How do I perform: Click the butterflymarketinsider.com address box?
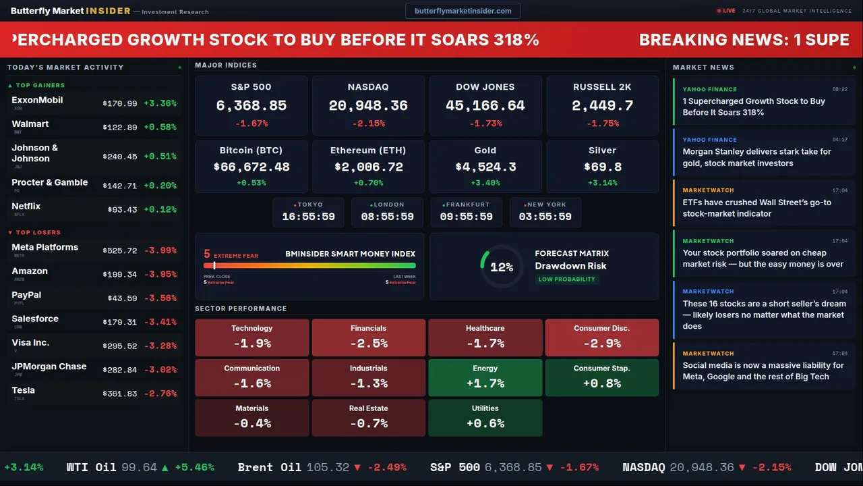463,11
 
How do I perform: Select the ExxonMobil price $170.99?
120,103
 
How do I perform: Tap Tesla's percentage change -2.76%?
160,394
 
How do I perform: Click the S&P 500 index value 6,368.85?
251,105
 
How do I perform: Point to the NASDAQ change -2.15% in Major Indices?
368,124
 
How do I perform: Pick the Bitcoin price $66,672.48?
251,167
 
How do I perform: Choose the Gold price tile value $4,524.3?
485,167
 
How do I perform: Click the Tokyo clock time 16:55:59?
308,217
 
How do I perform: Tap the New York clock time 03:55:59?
545,217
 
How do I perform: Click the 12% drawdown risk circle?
501,267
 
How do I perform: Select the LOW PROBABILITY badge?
566,279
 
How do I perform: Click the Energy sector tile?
485,377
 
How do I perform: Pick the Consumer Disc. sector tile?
601,337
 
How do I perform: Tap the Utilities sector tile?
485,418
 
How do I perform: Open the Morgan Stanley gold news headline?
756,157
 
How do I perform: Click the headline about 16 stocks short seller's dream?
764,315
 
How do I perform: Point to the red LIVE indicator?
726,11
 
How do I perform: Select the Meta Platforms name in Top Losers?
45,247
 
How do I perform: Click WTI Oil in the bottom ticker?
91,467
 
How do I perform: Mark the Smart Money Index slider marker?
214,265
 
